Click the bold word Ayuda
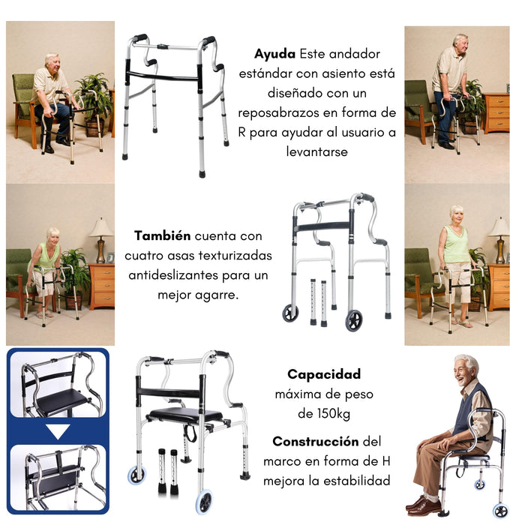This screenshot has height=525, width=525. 275,55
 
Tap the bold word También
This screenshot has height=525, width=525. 163,235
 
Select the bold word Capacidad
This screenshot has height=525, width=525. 324,374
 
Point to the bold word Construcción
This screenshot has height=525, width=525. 316,441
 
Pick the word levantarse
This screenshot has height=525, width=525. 317,152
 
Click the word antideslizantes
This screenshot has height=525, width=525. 173,275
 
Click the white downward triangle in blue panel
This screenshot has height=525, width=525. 58,431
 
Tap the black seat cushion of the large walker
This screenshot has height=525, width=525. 185,415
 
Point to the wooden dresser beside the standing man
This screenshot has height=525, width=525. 496,112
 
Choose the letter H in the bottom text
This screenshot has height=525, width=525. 386,461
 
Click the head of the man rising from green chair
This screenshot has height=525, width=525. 52,62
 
